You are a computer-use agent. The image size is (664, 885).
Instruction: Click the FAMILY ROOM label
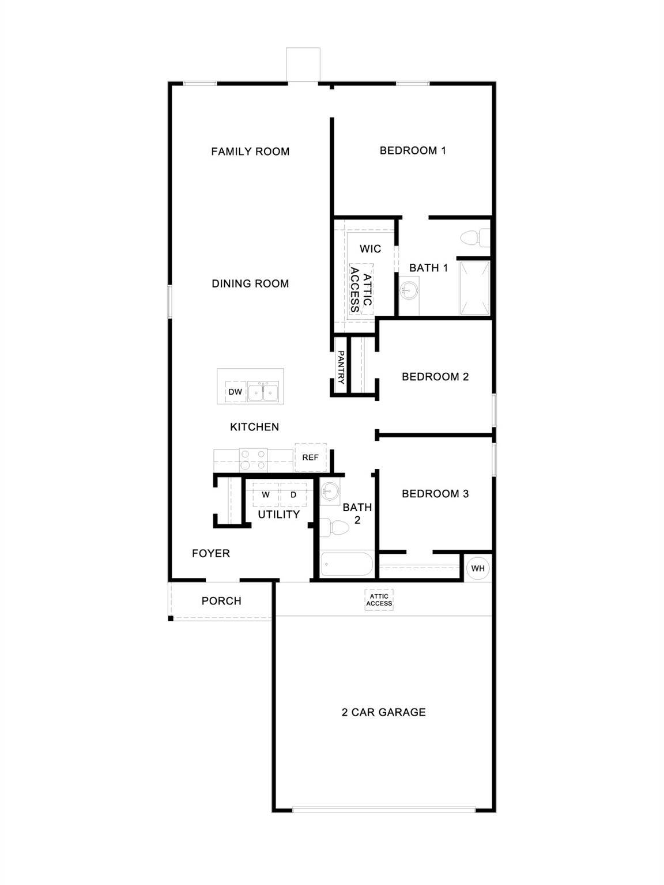coord(250,152)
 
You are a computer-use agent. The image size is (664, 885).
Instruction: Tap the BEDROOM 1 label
coord(413,150)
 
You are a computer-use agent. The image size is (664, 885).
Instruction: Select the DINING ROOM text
coord(250,283)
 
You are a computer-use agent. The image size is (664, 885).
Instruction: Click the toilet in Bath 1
coord(474,237)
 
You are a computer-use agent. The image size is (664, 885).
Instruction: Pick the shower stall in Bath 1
coord(474,288)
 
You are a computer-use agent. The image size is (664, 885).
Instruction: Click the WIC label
coord(370,249)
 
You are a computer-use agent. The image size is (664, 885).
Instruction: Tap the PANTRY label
coord(341,367)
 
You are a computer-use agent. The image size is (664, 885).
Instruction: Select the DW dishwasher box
coord(235,392)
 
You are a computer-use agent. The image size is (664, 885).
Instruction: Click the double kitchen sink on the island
coord(263,392)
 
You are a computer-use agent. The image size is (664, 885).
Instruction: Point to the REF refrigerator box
coord(310,457)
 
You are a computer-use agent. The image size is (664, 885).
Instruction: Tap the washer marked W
coord(266,495)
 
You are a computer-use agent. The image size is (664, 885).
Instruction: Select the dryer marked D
coord(293,495)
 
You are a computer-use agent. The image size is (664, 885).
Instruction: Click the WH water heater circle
coord(478,568)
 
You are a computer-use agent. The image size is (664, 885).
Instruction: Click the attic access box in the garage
coord(379,600)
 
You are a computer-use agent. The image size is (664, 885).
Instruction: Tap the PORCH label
coord(221,601)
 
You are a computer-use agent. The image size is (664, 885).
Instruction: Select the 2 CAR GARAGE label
coord(383,712)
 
